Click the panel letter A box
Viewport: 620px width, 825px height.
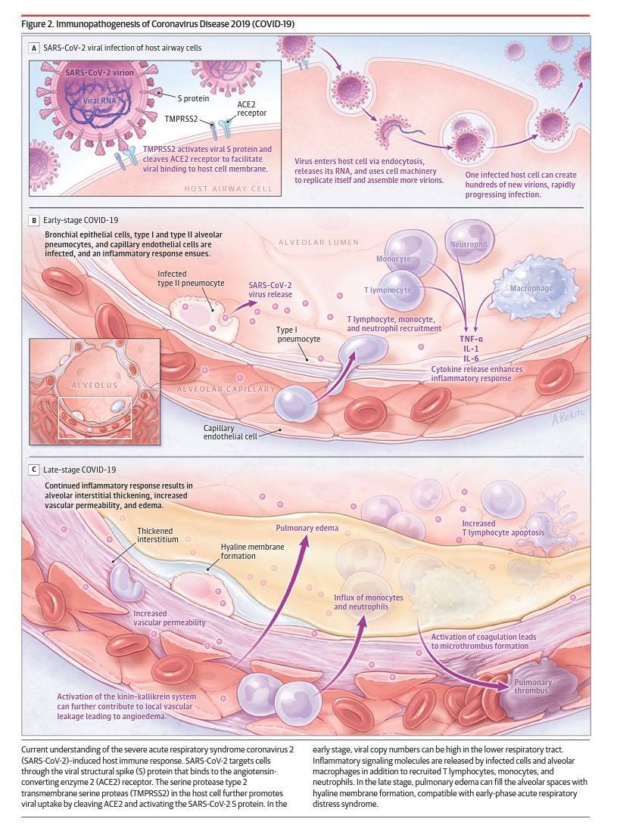click(x=34, y=48)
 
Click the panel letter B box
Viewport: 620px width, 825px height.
click(x=34, y=221)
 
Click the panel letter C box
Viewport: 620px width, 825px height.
click(x=34, y=470)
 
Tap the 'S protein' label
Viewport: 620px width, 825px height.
click(x=193, y=98)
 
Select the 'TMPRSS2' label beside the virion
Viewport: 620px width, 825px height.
click(x=181, y=119)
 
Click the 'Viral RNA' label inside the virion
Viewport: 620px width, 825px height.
click(x=99, y=101)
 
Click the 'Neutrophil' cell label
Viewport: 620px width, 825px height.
click(x=469, y=244)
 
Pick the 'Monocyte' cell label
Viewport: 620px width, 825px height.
click(x=394, y=259)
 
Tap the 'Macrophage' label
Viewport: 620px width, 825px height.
click(x=531, y=288)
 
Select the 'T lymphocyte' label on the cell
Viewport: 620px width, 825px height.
click(x=388, y=290)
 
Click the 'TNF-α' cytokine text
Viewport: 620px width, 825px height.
click(x=471, y=339)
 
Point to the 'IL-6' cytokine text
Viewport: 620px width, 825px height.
click(x=471, y=359)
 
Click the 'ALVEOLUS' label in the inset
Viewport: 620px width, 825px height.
click(x=95, y=385)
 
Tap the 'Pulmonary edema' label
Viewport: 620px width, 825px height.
click(x=307, y=528)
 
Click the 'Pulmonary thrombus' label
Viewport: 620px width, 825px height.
click(x=532, y=687)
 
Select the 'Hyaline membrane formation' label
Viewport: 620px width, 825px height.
click(x=252, y=551)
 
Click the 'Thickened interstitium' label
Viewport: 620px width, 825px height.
click(x=157, y=535)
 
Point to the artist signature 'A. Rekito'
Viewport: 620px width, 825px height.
click(x=569, y=416)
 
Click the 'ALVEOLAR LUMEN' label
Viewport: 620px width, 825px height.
click(x=319, y=243)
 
